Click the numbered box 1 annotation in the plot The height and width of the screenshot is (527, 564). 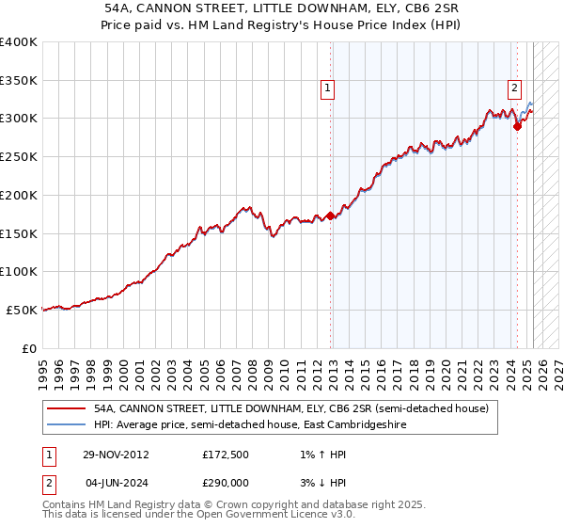coord(328,89)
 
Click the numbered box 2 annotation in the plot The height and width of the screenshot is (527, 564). coord(515,89)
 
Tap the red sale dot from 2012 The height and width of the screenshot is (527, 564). coord(330,216)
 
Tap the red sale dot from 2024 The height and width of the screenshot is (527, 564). coord(517,126)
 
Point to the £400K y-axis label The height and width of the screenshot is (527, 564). coord(19,42)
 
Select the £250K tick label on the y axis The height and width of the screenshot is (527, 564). coord(19,156)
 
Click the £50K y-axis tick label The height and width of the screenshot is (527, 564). coord(23,310)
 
